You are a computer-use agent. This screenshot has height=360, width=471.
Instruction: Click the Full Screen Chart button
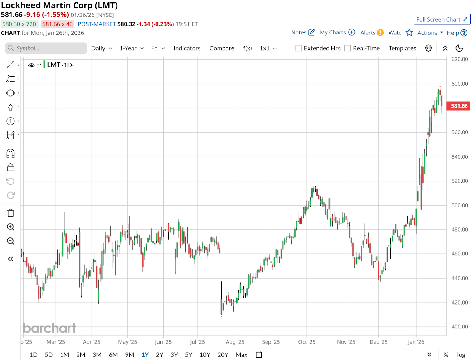point(442,19)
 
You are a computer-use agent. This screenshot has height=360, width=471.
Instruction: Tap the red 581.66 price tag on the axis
point(459,106)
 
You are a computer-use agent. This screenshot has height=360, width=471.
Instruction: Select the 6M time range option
point(113,355)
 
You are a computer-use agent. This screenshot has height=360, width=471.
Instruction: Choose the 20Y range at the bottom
point(223,355)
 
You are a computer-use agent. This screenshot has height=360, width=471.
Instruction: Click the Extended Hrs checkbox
point(298,48)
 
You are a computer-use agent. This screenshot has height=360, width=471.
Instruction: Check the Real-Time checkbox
point(348,48)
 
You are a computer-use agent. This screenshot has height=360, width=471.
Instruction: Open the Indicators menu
point(187,48)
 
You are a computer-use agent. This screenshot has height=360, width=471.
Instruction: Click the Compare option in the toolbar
point(222,48)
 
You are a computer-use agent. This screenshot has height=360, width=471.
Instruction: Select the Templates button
point(402,48)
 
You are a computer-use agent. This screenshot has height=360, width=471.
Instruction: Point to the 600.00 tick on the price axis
point(460,84)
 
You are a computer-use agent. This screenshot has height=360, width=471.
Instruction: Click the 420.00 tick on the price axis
point(460,303)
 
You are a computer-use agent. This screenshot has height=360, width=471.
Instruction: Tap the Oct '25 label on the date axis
point(306,342)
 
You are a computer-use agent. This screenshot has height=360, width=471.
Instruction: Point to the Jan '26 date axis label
point(416,342)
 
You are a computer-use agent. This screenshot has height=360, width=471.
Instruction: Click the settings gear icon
point(428,48)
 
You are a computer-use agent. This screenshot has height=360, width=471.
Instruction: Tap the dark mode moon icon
point(459,48)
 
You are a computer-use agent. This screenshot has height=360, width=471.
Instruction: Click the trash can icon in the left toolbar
point(11,213)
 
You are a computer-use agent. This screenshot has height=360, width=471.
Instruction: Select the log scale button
point(461,355)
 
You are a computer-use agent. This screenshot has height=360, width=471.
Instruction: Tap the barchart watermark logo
point(49,328)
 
